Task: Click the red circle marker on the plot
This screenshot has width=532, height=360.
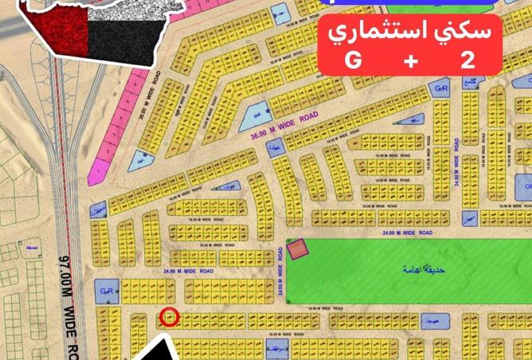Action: pyautogui.click(x=169, y=317)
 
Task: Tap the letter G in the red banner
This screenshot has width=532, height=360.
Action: pyautogui.click(x=352, y=61)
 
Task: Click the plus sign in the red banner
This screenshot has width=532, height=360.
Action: pyautogui.click(x=413, y=61)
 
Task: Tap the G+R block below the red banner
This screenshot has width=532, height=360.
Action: pyautogui.click(x=442, y=88)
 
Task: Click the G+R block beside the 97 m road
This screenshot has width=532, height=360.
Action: pyautogui.click(x=104, y=291)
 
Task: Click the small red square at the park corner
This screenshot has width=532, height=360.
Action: pyautogui.click(x=296, y=249)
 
